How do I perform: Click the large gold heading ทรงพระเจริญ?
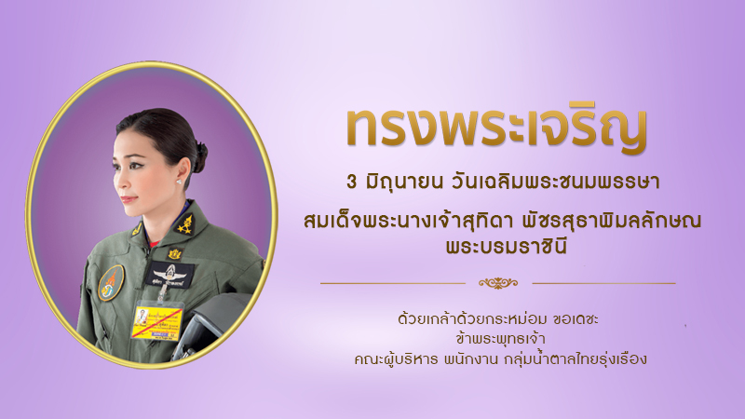coord(497,128)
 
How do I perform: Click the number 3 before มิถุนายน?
coord(352,182)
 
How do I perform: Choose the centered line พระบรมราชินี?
coord(507,248)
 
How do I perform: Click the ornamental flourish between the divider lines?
coord(498,283)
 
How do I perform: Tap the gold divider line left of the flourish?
coord(393,284)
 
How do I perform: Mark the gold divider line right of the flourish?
coord(603,284)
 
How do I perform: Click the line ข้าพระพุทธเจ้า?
coord(500,339)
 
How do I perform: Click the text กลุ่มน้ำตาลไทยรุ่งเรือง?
coord(576,358)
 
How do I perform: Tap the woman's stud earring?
coord(180,181)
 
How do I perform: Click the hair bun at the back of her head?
coord(200,157)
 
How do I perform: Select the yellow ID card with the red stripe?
coord(156,322)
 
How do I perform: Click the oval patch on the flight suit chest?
coord(111,283)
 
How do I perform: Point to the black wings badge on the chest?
coord(170,275)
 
